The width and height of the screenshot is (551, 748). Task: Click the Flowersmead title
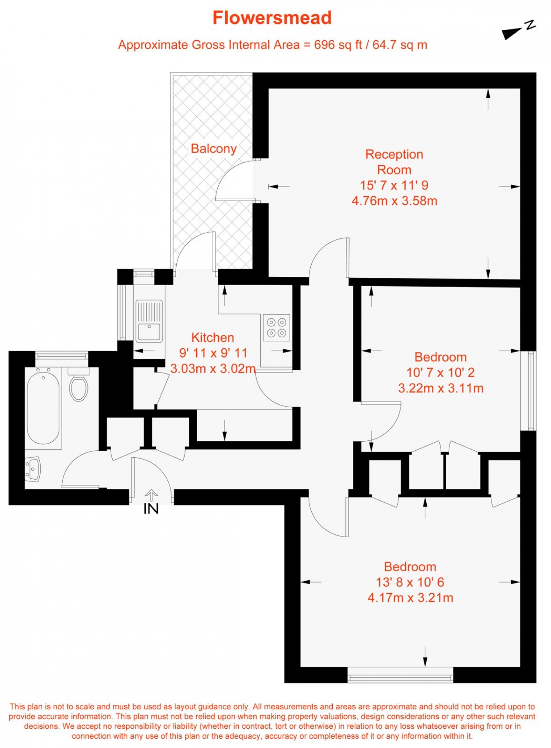pos(272,18)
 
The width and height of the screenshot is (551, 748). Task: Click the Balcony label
pos(214,148)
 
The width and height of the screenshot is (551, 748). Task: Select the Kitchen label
pos(212,337)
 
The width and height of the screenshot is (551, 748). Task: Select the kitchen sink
pos(149,321)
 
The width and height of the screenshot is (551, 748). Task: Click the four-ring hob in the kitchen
pos(277,327)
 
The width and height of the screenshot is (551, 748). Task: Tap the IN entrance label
pos(151,509)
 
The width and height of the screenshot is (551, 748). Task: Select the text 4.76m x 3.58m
pos(394,201)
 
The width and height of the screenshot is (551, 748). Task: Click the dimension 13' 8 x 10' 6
pos(410,582)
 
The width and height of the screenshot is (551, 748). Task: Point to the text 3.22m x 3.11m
pos(441,388)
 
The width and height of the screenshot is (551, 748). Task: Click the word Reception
pos(394,154)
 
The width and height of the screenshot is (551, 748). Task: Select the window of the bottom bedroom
pos(400,678)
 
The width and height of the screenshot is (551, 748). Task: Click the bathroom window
pos(62,355)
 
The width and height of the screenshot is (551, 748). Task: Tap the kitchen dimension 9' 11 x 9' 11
pos(213,353)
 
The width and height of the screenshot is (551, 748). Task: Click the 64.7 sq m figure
pos(399,45)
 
